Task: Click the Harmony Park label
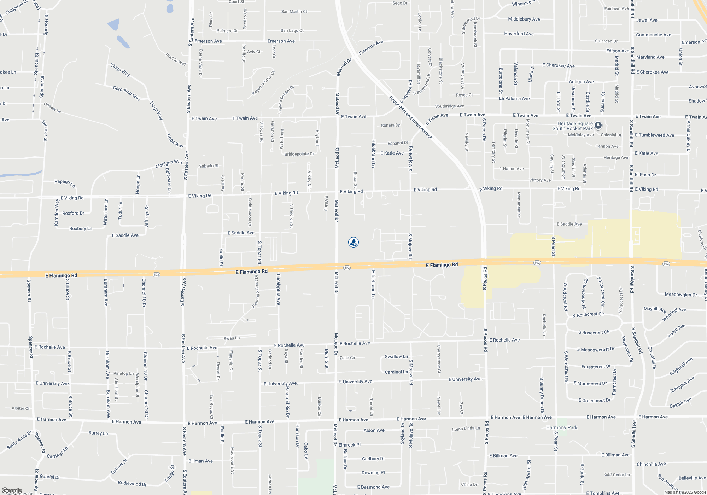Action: pos(561,427)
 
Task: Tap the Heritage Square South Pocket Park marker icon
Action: pos(598,125)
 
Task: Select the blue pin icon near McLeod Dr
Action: pos(353,242)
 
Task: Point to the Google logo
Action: pos(11,491)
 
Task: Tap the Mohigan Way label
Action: pos(169,163)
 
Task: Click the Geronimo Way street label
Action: pos(127,93)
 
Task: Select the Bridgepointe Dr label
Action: pos(299,154)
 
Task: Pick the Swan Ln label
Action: pos(232,338)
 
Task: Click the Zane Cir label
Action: pos(347,358)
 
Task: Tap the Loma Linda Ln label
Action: pos(466,429)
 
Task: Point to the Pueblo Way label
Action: pos(176,59)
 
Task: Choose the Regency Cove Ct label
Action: pos(263,83)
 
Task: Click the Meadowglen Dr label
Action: pos(680,295)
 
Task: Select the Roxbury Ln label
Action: pos(81,228)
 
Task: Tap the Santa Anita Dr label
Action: pos(19,440)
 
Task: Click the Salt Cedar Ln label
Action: pos(617,474)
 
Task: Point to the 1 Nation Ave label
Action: pos(512,169)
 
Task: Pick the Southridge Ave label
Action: pos(449,106)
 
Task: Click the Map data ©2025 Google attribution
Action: pos(685,492)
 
